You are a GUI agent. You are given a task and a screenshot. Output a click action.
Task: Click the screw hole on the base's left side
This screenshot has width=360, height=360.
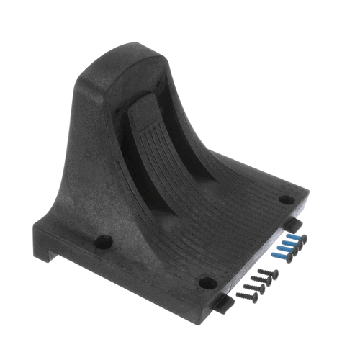[x=104, y=242]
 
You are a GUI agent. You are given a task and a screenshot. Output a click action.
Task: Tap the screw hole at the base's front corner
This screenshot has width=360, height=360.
[x=207, y=282]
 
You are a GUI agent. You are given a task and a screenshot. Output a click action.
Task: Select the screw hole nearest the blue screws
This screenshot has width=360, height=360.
[x=286, y=199]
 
